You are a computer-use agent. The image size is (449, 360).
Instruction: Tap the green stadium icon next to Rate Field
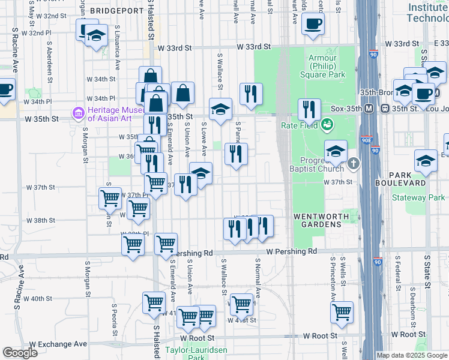327,125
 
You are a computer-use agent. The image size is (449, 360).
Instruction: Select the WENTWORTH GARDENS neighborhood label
318,220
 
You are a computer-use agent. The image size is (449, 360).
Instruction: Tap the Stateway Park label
418,197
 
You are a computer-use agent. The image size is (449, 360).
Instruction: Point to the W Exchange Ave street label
58,344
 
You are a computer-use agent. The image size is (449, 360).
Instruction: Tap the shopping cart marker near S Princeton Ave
342,311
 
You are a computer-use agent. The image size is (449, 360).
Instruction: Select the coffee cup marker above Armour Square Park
312,25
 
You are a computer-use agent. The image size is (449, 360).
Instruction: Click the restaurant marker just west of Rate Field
309,109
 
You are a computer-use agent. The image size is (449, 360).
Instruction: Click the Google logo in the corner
20,353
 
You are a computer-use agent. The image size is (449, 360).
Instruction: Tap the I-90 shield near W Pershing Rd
377,262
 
